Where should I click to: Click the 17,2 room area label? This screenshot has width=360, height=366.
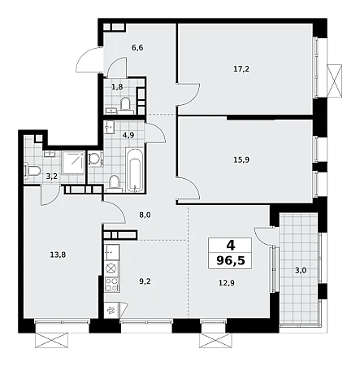[241, 69]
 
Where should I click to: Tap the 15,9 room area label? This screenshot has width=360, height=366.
[241, 159]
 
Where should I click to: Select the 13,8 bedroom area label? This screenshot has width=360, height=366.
[58, 255]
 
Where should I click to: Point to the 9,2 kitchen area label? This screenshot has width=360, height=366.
[145, 281]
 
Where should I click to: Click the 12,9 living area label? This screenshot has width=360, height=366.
[227, 283]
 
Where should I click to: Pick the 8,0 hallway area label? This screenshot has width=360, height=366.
[145, 216]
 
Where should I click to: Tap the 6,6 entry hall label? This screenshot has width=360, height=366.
[137, 48]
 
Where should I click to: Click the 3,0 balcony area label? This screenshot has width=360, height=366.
[301, 270]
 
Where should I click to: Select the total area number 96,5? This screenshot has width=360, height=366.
[231, 260]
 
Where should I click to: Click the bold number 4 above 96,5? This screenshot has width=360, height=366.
[231, 246]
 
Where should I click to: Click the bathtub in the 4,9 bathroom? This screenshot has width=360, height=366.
[135, 170]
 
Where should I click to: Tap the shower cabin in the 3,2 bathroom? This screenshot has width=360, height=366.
[73, 163]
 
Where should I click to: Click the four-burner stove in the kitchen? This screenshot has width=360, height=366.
[111, 285]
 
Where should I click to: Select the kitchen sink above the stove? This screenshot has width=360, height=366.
[111, 252]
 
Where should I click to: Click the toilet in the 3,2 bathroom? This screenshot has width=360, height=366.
[33, 171]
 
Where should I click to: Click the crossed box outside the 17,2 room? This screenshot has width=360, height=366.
[334, 81]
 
